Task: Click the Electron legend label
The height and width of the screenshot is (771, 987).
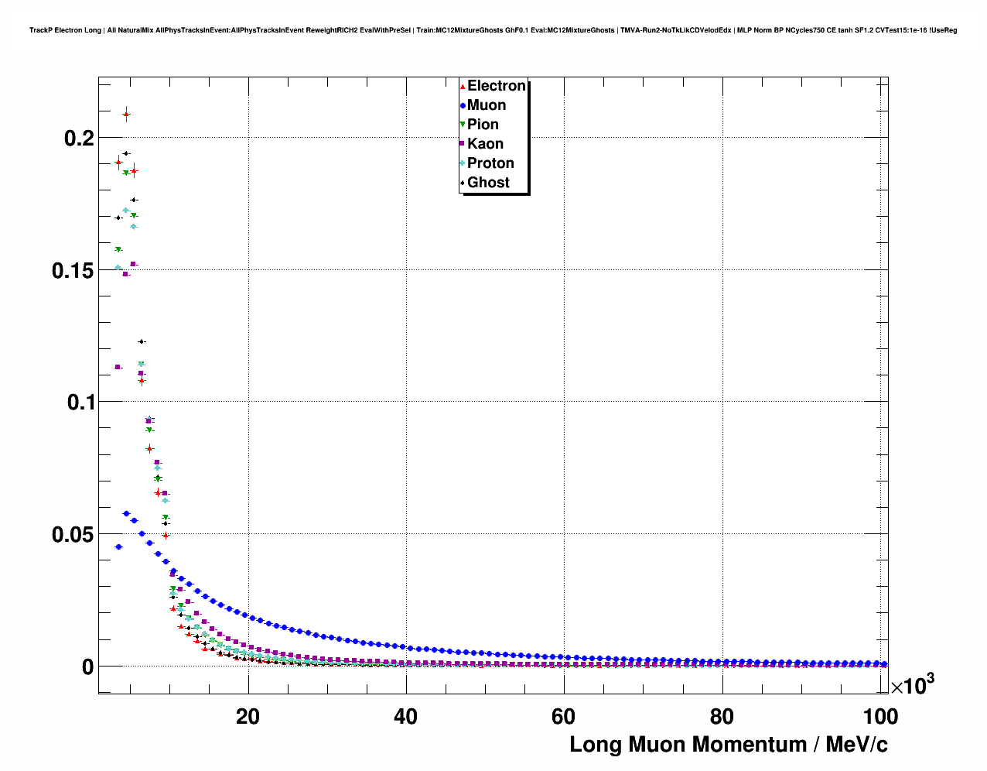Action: pos(496,86)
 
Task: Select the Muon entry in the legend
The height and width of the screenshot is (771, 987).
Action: pos(487,105)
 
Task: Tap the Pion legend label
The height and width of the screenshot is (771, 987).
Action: pos(483,125)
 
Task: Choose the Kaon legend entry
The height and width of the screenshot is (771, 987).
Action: pos(485,144)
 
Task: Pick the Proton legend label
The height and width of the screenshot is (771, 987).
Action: pos(490,163)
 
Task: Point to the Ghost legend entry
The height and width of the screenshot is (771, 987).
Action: pos(488,183)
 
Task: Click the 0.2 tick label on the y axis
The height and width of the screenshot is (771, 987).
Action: pos(79,139)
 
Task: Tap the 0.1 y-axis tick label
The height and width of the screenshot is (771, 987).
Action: pos(79,403)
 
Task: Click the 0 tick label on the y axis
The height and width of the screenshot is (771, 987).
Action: pos(87,667)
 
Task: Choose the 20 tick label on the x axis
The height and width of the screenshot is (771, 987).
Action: pos(248,717)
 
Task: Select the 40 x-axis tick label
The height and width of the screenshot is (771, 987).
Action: pos(405,717)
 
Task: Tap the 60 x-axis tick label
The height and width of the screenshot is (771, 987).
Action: pos(564,717)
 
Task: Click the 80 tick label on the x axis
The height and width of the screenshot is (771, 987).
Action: pos(722,717)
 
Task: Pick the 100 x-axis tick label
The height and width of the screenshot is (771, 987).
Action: pos(880,717)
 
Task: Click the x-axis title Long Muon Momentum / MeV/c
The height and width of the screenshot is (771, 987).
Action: pos(728,745)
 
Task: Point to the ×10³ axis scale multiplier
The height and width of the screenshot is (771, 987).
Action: pos(912,685)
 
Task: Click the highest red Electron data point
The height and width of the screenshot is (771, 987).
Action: pos(126,115)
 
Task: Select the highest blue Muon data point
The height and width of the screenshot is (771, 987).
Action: pos(126,513)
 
